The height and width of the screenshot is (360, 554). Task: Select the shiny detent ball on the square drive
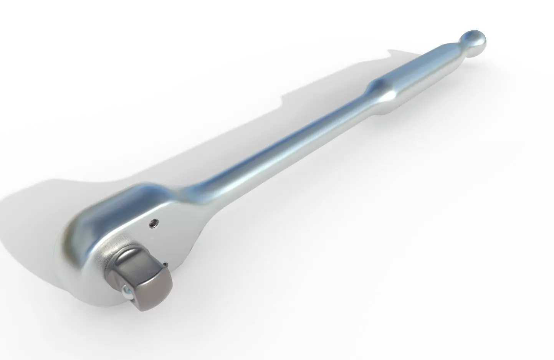point(126,291)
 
